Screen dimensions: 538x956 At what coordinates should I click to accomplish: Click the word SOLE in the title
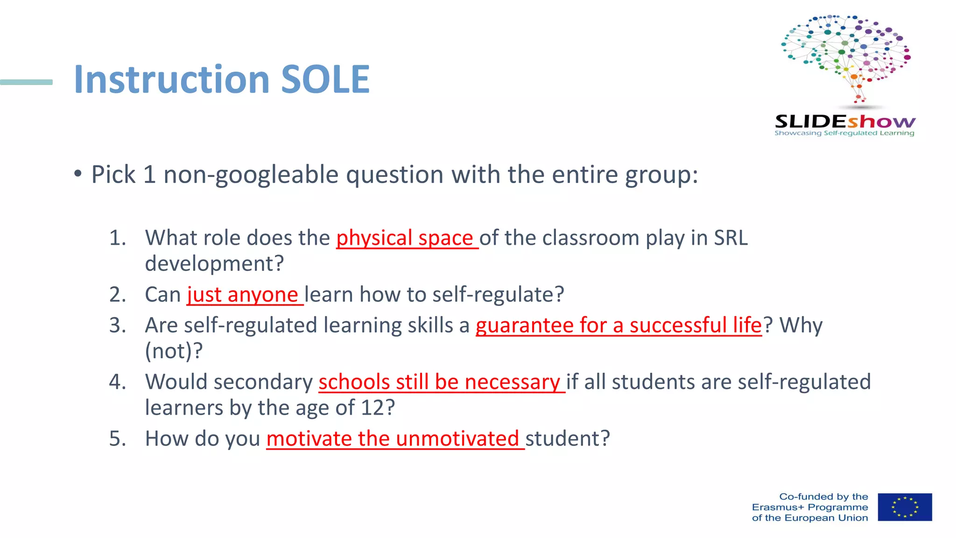point(325,79)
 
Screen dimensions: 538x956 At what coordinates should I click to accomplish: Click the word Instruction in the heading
point(172,79)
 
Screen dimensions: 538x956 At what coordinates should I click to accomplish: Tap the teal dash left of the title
point(26,82)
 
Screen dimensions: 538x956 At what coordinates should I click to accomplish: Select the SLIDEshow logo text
point(845,121)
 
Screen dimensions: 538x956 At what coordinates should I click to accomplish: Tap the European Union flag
point(905,507)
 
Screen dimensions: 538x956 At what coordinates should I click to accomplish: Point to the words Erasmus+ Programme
point(810,507)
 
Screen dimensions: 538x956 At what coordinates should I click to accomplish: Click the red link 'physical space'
point(405,238)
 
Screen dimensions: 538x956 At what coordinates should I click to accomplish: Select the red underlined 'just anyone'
point(243,295)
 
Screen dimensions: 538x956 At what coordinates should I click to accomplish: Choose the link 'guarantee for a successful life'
point(619,326)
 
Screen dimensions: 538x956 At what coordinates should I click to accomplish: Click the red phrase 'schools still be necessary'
point(439,382)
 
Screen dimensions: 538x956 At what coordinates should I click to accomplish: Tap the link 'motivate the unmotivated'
point(393,439)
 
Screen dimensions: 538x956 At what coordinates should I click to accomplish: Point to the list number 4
point(117,382)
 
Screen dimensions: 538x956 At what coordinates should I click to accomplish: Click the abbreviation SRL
point(731,238)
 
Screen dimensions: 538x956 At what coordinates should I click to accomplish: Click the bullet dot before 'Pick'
point(78,174)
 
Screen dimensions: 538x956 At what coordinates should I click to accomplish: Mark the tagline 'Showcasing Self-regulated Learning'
point(844,133)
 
